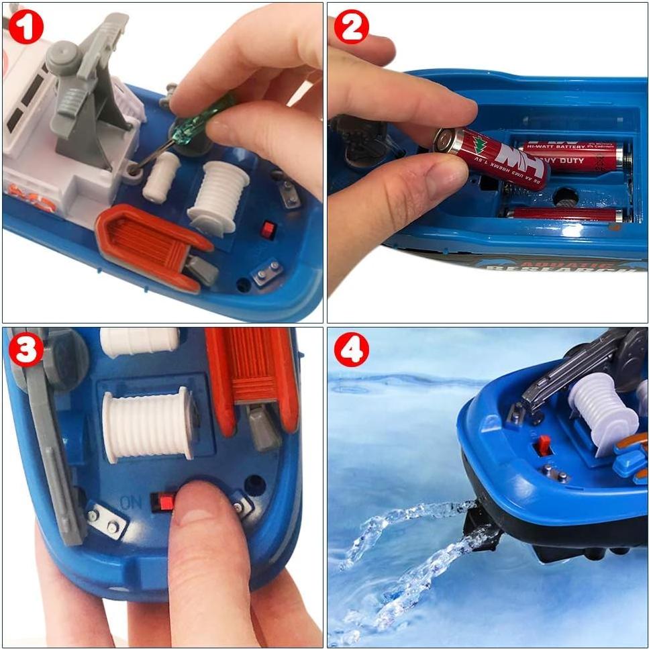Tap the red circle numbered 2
coord(352,27)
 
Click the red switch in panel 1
coord(268,230)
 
